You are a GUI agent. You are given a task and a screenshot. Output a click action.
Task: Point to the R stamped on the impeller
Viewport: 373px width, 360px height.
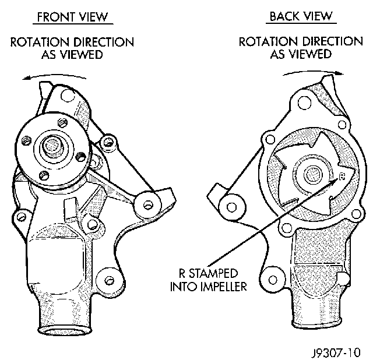pyautogui.click(x=342, y=174)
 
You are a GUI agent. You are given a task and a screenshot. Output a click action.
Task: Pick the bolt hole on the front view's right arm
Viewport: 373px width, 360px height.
pyautogui.click(x=147, y=204)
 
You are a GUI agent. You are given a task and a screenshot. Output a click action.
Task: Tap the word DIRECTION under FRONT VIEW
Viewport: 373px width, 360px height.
pyautogui.click(x=105, y=43)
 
